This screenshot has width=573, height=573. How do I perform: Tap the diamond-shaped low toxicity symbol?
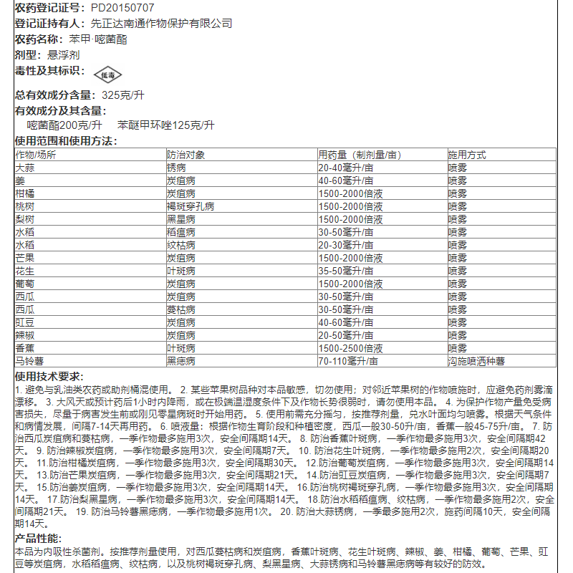coord(107,74)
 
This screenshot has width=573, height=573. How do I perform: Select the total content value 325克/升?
coord(122,95)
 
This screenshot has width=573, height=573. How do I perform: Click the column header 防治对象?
coord(186,155)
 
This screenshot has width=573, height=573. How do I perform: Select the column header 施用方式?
coord(467,155)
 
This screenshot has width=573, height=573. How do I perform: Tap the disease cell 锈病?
coord(176,168)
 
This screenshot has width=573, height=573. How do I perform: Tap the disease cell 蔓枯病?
coord(180,309)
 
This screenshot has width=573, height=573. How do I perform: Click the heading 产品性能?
coord(39,539)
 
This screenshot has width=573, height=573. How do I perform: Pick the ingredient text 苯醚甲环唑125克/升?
coord(166,125)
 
